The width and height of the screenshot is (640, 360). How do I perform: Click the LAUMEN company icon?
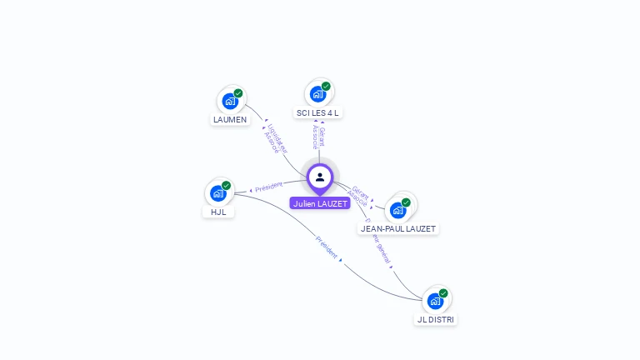click(230, 101)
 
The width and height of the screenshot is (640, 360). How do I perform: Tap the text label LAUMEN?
click(230, 119)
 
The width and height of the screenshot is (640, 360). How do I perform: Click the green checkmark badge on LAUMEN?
click(238, 93)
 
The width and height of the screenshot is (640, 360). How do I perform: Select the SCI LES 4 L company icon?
click(317, 93)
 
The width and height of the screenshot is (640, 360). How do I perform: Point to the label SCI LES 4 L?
click(318, 112)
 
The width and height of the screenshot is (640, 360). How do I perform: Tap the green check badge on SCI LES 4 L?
click(326, 86)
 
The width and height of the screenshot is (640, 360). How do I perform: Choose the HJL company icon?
click(218, 193)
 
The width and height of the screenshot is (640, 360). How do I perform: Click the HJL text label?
click(218, 212)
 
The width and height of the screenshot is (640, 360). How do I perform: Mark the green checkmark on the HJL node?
click(227, 186)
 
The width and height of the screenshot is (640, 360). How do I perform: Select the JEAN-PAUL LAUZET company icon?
click(397, 209)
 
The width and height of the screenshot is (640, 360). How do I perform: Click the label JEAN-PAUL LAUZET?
click(398, 228)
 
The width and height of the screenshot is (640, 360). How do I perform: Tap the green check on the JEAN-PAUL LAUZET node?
click(406, 202)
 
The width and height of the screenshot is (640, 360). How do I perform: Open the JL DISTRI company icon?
click(435, 301)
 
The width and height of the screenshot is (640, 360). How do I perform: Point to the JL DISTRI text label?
click(437, 319)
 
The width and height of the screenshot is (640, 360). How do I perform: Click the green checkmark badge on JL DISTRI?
click(443, 293)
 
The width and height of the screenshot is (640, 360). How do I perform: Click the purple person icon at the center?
click(320, 177)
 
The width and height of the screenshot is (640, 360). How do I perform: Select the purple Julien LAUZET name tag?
click(320, 203)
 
